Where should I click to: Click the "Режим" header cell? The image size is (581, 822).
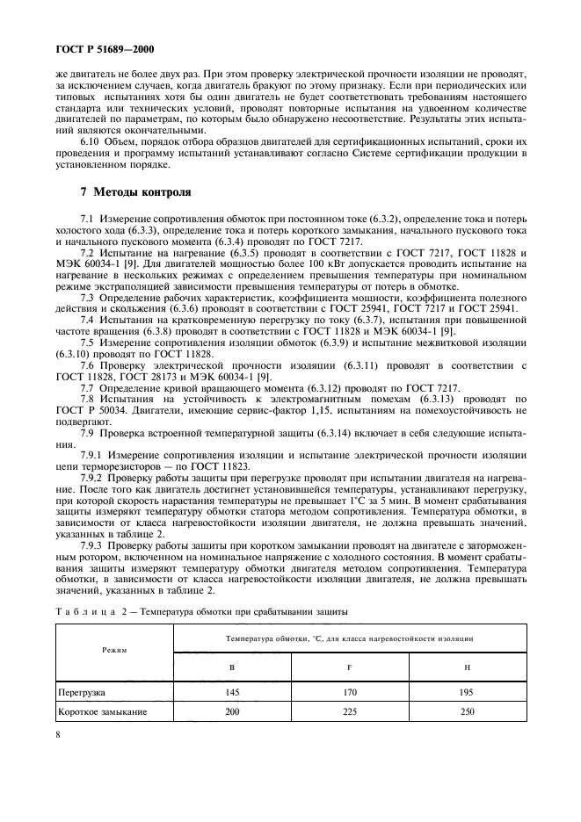tap(113, 651)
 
